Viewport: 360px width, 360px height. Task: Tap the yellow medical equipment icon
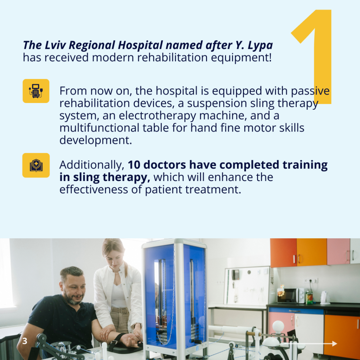[36, 91]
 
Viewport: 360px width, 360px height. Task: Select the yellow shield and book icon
[36, 165]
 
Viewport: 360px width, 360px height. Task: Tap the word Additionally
[92, 165]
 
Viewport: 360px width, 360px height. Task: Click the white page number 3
[25, 341]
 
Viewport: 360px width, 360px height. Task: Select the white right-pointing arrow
[309, 343]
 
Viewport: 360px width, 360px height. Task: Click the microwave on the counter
[291, 296]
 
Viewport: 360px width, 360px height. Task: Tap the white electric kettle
[325, 297]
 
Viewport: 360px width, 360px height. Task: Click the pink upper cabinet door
[338, 252]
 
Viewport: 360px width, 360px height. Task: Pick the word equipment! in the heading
[241, 58]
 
